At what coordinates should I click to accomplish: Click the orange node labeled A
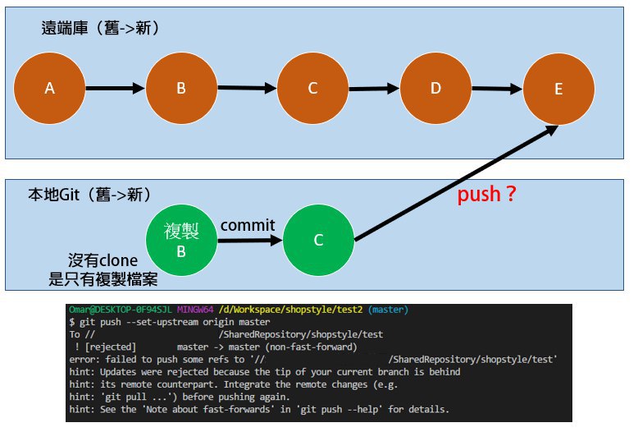click(x=50, y=88)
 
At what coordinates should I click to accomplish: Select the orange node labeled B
click(x=181, y=88)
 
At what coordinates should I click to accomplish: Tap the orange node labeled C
click(x=312, y=88)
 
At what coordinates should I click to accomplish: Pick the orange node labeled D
click(x=435, y=88)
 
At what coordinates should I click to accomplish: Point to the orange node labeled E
click(x=558, y=89)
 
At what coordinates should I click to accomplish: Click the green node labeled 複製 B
click(x=181, y=240)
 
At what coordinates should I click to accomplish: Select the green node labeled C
click(x=318, y=240)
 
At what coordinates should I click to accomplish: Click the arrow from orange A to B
click(x=115, y=88)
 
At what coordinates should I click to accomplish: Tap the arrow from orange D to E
click(x=497, y=89)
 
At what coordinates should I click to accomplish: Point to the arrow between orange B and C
click(x=247, y=88)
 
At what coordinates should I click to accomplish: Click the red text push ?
click(x=486, y=194)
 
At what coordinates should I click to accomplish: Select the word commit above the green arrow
click(x=248, y=225)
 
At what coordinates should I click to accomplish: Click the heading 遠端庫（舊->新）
click(x=100, y=28)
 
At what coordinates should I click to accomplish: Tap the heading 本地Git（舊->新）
click(x=90, y=195)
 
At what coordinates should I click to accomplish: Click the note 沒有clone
click(x=103, y=260)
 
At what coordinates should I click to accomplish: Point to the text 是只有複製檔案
click(x=103, y=279)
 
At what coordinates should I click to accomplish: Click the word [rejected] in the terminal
click(x=110, y=347)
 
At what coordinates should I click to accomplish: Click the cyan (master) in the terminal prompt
click(x=388, y=310)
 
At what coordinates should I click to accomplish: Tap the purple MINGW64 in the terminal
click(x=195, y=310)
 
